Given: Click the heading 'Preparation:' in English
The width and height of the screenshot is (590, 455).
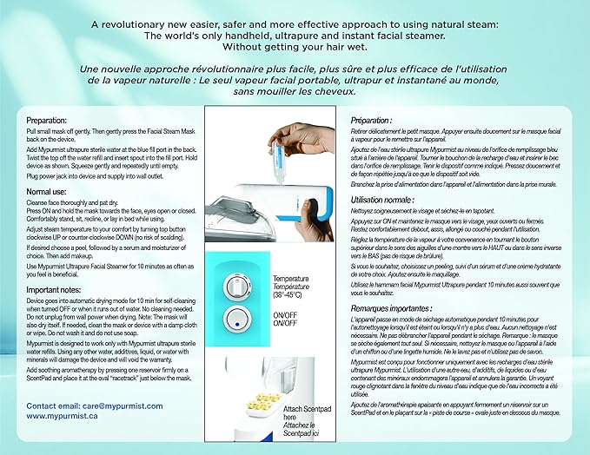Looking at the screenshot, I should click(46, 121).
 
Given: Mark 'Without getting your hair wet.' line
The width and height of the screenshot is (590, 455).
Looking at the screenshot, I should click(295, 48).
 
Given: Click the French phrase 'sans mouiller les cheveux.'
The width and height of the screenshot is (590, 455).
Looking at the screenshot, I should click(295, 91).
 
